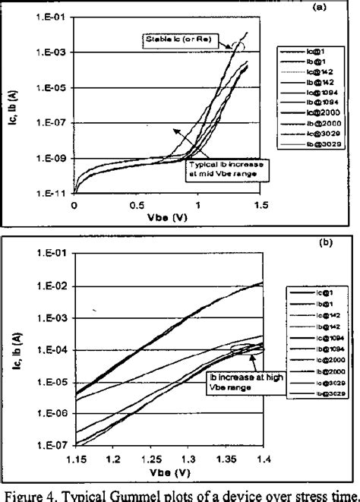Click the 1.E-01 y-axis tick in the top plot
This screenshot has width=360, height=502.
tap(53, 16)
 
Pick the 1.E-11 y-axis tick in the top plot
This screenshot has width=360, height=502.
tap(53, 194)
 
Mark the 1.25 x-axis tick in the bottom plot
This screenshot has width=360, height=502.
tap(150, 461)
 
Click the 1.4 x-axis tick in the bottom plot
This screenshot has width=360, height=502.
tap(262, 461)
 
